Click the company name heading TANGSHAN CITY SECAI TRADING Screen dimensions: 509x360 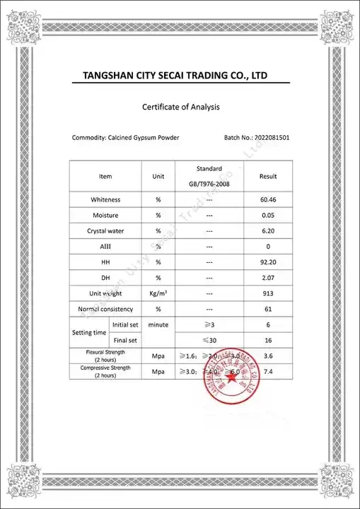point(175,76)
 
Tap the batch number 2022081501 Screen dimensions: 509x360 point(267,137)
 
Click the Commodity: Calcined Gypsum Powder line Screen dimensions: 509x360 point(126,137)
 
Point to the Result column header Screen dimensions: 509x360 point(268,176)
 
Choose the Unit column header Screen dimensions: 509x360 point(158,176)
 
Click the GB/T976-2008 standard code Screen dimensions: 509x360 point(209,184)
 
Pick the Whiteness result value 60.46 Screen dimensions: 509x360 point(268,200)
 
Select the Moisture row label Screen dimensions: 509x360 point(105,215)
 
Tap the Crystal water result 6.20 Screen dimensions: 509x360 point(268,230)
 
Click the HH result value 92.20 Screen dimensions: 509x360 point(268,262)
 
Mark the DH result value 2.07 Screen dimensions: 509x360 point(268,277)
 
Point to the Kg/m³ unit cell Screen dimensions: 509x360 point(158,293)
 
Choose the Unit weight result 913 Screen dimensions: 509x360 point(268,293)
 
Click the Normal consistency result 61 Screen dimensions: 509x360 point(268,309)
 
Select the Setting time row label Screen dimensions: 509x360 point(89,332)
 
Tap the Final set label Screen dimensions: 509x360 point(124,340)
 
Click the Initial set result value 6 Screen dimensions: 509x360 point(268,324)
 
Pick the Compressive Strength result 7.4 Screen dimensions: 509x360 point(268,371)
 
